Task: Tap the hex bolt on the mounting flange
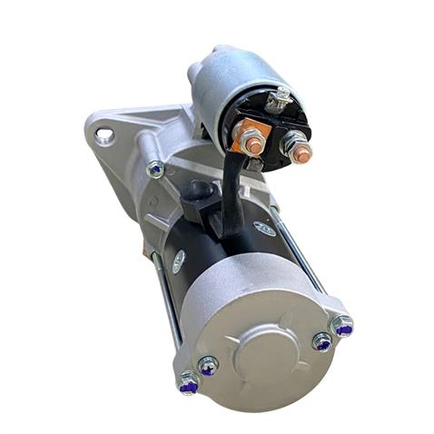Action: pyautogui.click(x=156, y=169)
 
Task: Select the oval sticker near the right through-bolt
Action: pyautogui.click(x=264, y=229)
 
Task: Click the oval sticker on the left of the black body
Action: pyautogui.click(x=179, y=261)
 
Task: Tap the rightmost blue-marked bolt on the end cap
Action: pyautogui.click(x=342, y=325)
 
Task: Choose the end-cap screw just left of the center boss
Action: pyautogui.click(x=208, y=366)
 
